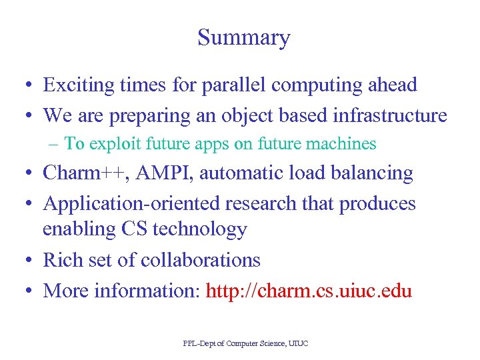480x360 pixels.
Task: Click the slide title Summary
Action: pyautogui.click(x=243, y=38)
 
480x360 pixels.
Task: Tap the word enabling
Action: pyautogui.click(x=79, y=229)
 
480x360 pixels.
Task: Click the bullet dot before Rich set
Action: pyautogui.click(x=31, y=261)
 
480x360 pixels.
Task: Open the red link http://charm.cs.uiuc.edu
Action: pyautogui.click(x=309, y=291)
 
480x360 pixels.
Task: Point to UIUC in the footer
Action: pyautogui.click(x=297, y=343)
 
